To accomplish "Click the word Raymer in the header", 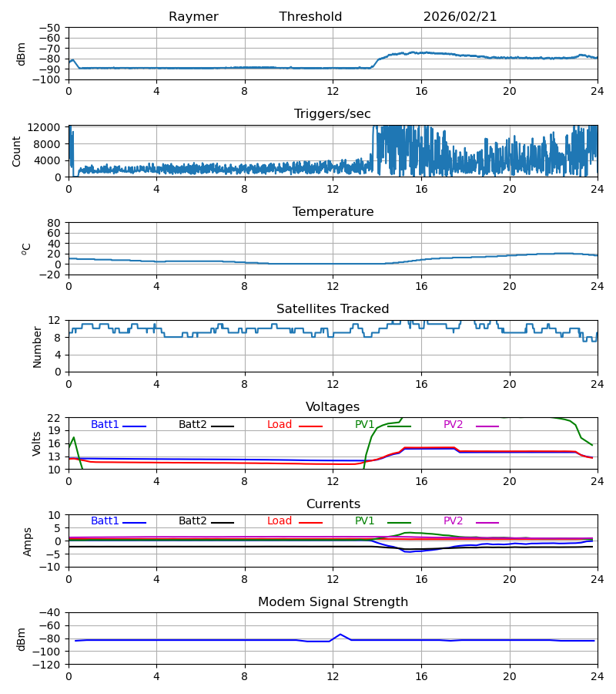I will pyautogui.click(x=193, y=17).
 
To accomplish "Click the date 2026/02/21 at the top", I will pyautogui.click(x=460, y=17).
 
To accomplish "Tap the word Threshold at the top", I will pyautogui.click(x=310, y=17).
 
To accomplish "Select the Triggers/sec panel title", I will pyautogui.click(x=333, y=114).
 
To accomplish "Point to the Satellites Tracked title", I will pyautogui.click(x=333, y=309).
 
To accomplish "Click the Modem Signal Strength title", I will pyautogui.click(x=333, y=602).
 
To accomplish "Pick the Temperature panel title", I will pyautogui.click(x=333, y=212).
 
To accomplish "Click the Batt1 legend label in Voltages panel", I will pyautogui.click(x=105, y=425).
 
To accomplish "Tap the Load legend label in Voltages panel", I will pyautogui.click(x=280, y=425).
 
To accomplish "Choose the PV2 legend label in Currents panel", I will pyautogui.click(x=453, y=521).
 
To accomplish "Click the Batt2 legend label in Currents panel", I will pyautogui.click(x=192, y=521).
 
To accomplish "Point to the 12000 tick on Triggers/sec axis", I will pyautogui.click(x=46, y=127).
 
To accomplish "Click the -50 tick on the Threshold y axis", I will pyautogui.click(x=52, y=28).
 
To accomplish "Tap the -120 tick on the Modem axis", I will pyautogui.click(x=49, y=664).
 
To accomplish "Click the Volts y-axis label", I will pyautogui.click(x=37, y=443).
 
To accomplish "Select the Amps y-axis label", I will pyautogui.click(x=28, y=541).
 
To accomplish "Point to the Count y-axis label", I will pyautogui.click(x=17, y=151).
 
